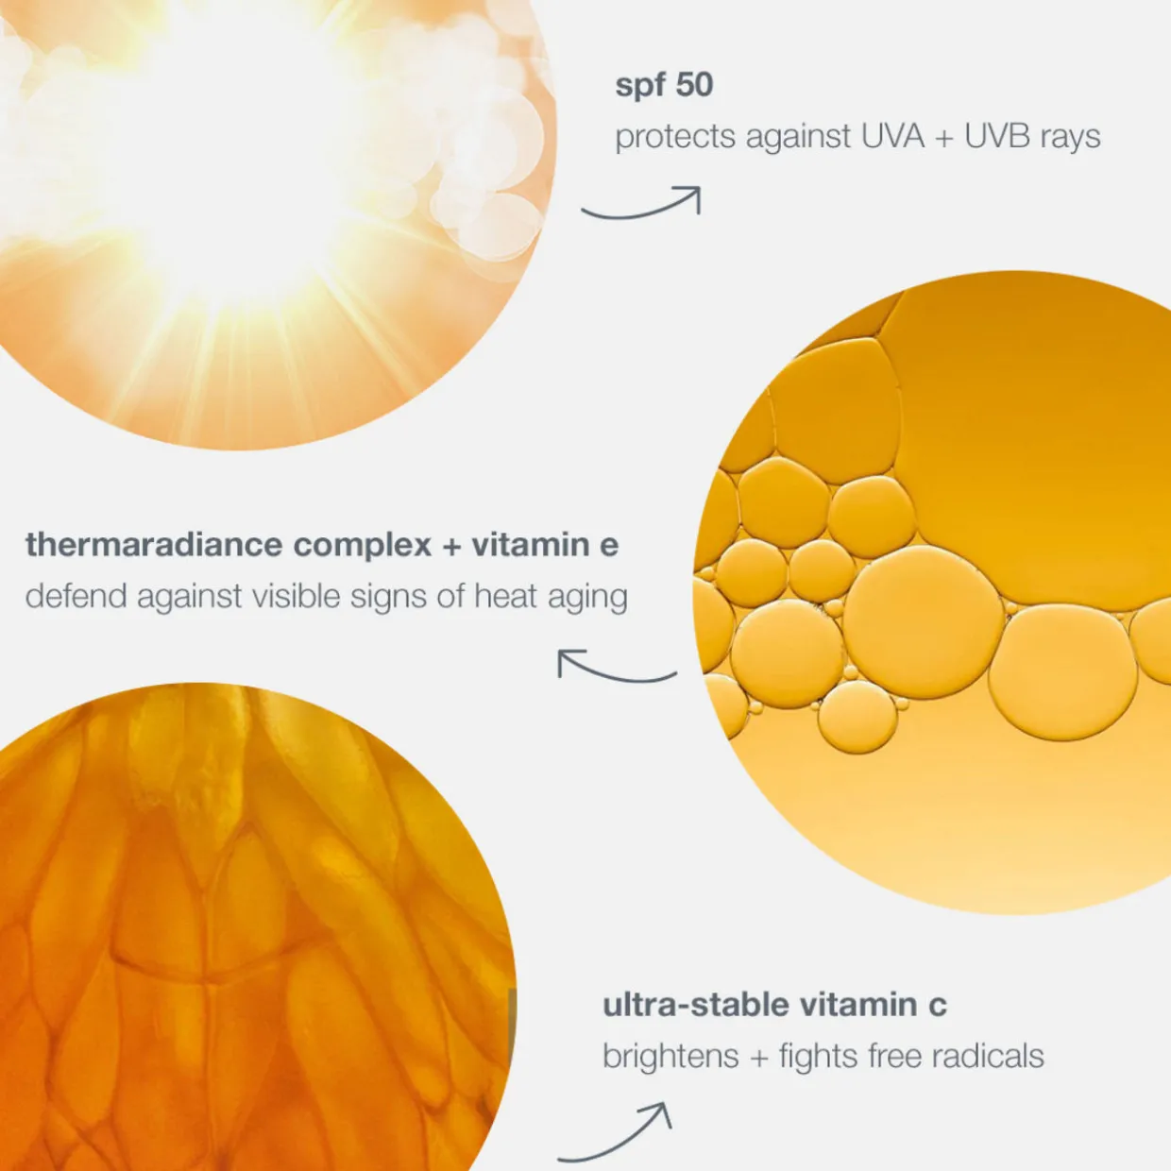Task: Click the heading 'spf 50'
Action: (664, 85)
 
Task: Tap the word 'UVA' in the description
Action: (892, 136)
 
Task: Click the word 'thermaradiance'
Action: (154, 545)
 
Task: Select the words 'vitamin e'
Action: (545, 545)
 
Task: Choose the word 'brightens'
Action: (670, 1057)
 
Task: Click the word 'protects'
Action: (675, 137)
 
